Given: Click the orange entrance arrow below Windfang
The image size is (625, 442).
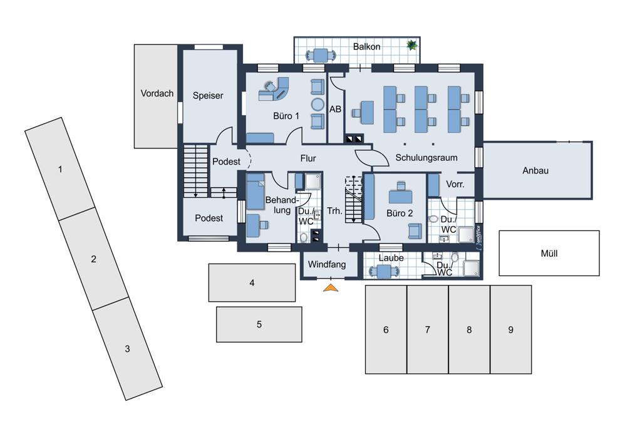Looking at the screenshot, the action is [331, 288].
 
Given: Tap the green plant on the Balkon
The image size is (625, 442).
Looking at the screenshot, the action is [411, 45].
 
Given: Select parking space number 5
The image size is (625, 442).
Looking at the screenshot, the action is [259, 324].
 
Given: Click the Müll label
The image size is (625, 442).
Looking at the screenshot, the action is [549, 254].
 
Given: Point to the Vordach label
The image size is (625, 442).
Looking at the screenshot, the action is [157, 94].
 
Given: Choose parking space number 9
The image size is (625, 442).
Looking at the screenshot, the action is [510, 329].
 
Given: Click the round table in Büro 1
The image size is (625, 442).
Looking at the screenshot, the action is [318, 105].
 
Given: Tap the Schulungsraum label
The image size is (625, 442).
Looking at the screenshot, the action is [426, 158].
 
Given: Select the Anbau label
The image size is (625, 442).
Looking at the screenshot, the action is [535, 170].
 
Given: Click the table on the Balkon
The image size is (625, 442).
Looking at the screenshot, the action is [320, 55].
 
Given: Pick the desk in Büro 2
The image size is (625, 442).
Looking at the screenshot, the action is [401, 196].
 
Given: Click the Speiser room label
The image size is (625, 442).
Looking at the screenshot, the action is [208, 96].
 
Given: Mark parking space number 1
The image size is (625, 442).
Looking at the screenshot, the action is [59, 169].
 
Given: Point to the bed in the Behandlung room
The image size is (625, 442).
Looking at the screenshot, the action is [256, 192].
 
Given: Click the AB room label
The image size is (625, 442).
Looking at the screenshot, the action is [335, 109].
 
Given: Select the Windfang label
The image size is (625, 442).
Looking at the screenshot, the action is [327, 265].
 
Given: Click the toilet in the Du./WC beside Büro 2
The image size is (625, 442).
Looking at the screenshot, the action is [433, 219].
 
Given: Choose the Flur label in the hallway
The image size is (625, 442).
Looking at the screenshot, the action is [308, 158].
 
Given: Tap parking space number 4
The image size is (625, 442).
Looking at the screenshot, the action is [252, 282].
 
